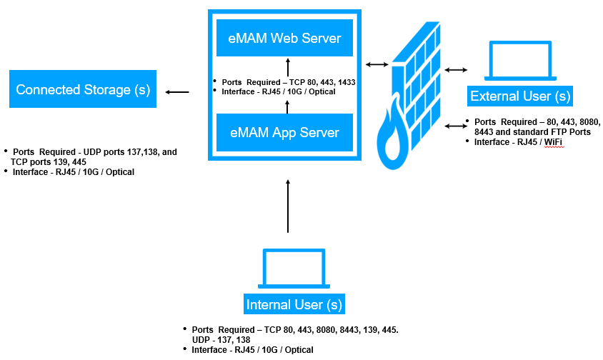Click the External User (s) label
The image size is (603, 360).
(519, 96)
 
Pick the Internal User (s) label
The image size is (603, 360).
(294, 304)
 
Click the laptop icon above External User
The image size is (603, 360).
(519, 61)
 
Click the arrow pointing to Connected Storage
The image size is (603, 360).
(177, 91)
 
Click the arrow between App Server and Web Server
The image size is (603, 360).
(288, 106)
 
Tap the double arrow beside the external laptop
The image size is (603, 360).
(455, 70)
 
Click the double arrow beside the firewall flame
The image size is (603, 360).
(455, 126)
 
